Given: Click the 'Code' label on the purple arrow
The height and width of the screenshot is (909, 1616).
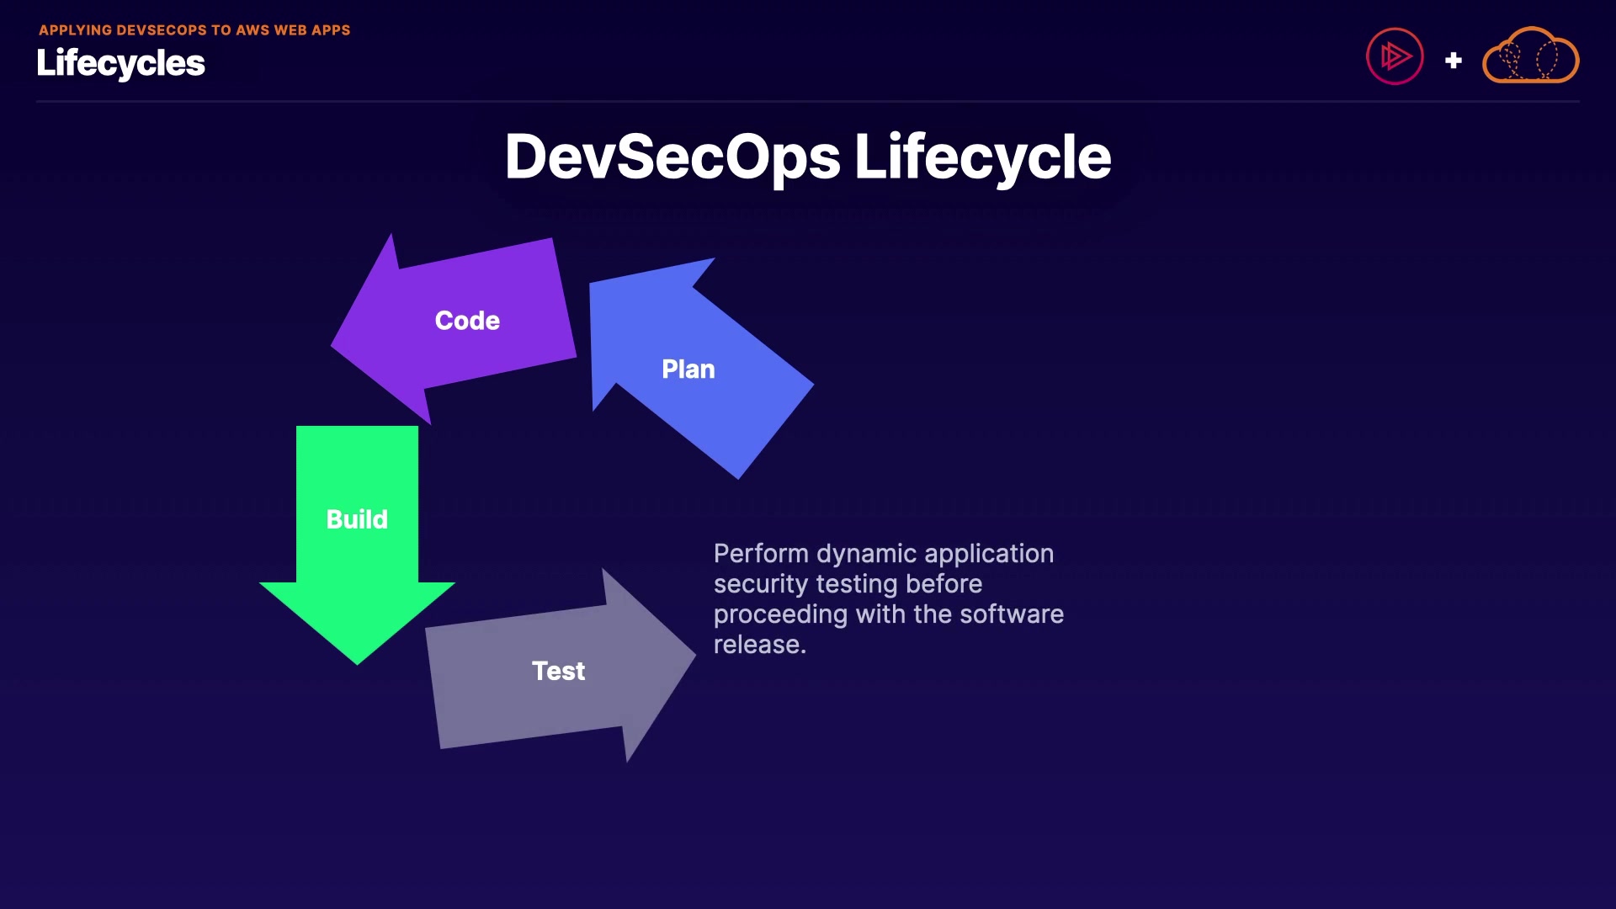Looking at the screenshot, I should click(x=467, y=321).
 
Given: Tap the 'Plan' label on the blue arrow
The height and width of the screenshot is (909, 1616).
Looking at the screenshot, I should click(x=688, y=369).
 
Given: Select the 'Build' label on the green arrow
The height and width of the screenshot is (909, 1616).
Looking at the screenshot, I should click(x=357, y=519).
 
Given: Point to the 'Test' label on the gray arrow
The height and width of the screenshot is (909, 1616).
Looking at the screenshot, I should click(x=558, y=671).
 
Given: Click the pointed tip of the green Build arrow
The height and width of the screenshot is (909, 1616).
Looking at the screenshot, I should click(x=357, y=661).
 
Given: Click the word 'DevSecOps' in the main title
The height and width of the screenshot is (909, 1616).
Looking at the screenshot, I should click(x=672, y=157).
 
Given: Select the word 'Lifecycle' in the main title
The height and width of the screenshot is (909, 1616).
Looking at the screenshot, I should click(x=982, y=157).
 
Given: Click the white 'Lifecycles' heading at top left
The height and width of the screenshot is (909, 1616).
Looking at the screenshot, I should click(x=120, y=63).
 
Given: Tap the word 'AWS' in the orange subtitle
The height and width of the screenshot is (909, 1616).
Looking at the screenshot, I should click(x=252, y=30).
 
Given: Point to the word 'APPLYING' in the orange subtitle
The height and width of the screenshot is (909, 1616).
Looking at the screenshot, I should click(x=75, y=30).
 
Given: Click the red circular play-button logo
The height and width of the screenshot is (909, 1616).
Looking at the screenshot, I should click(x=1394, y=56).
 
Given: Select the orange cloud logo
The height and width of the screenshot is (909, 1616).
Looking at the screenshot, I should click(x=1530, y=56).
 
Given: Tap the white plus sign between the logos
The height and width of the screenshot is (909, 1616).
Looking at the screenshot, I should click(x=1453, y=61).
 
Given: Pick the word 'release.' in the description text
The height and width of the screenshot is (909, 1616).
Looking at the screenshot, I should click(x=759, y=645).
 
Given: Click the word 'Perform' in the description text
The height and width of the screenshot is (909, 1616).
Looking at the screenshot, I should click(x=761, y=554).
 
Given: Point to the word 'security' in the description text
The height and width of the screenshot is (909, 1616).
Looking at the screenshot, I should click(x=760, y=584).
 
